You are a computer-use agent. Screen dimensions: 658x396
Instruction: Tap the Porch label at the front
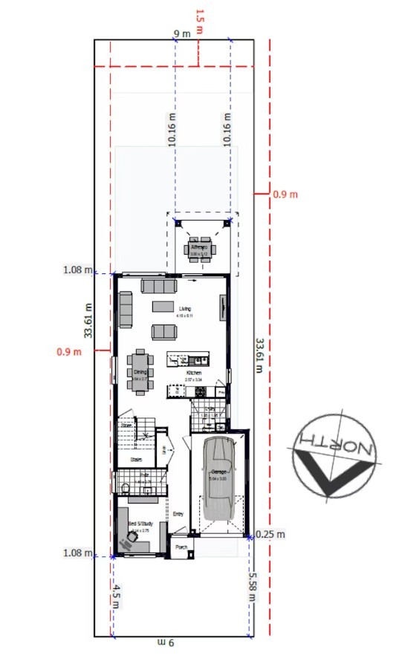[180, 549]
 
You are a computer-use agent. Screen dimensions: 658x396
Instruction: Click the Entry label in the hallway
[178, 513]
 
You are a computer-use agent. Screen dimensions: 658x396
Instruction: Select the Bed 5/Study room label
[139, 524]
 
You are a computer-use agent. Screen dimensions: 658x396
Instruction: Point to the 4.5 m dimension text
[117, 596]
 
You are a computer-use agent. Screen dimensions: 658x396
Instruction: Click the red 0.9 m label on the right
[285, 194]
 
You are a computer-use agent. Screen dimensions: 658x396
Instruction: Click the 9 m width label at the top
[181, 33]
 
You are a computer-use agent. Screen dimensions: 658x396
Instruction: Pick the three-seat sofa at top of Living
[158, 286]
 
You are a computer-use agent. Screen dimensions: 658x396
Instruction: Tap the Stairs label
[136, 460]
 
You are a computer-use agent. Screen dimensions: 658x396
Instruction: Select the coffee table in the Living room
[163, 306]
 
